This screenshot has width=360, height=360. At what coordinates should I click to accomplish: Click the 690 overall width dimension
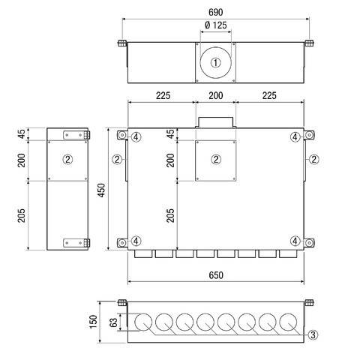[215, 12]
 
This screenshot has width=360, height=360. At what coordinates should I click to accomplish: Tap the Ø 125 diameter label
[215, 25]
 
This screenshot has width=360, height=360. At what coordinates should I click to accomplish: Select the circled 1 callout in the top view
[215, 62]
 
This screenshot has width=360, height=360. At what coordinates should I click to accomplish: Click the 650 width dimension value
[216, 275]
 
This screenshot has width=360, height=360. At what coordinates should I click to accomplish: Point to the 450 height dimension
[101, 190]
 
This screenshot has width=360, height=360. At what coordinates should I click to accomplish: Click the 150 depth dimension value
[93, 322]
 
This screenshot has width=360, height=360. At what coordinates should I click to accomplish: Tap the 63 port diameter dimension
[113, 322]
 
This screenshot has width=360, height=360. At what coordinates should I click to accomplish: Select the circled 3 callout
[313, 334]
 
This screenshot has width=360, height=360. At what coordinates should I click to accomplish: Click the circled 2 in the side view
[67, 159]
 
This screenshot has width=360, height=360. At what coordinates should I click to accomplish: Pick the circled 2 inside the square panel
[216, 159]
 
